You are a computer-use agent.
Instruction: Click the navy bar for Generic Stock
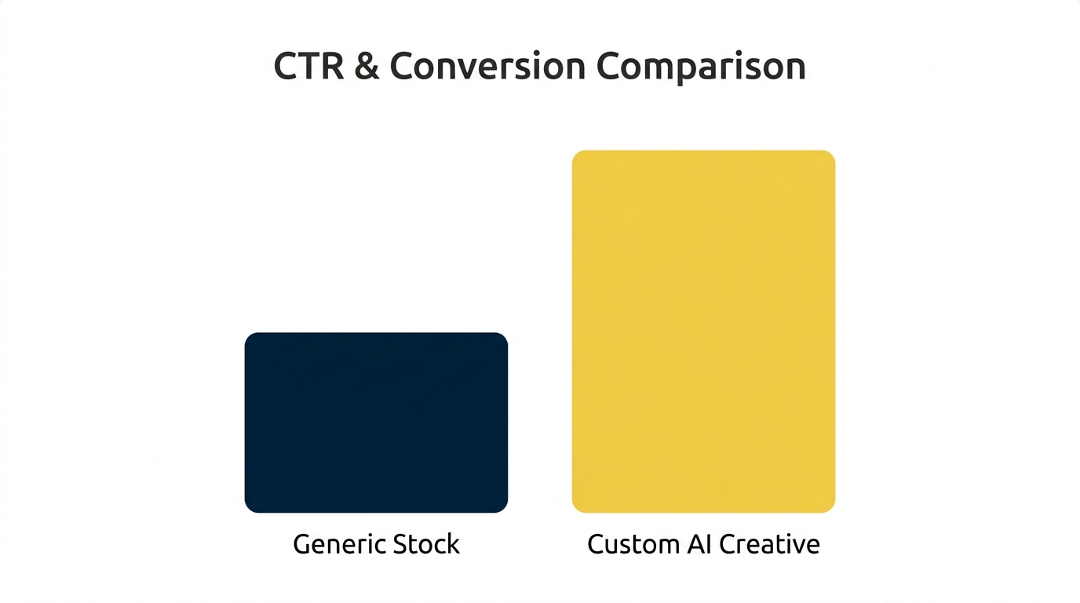click(376, 422)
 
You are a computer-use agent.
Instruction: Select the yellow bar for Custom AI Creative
click(703, 331)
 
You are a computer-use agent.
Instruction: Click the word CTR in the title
click(308, 67)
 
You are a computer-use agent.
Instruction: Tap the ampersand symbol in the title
click(367, 68)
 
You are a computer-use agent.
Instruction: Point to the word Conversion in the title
click(487, 68)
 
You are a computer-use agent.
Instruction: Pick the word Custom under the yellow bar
click(632, 545)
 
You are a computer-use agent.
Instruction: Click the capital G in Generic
click(301, 544)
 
